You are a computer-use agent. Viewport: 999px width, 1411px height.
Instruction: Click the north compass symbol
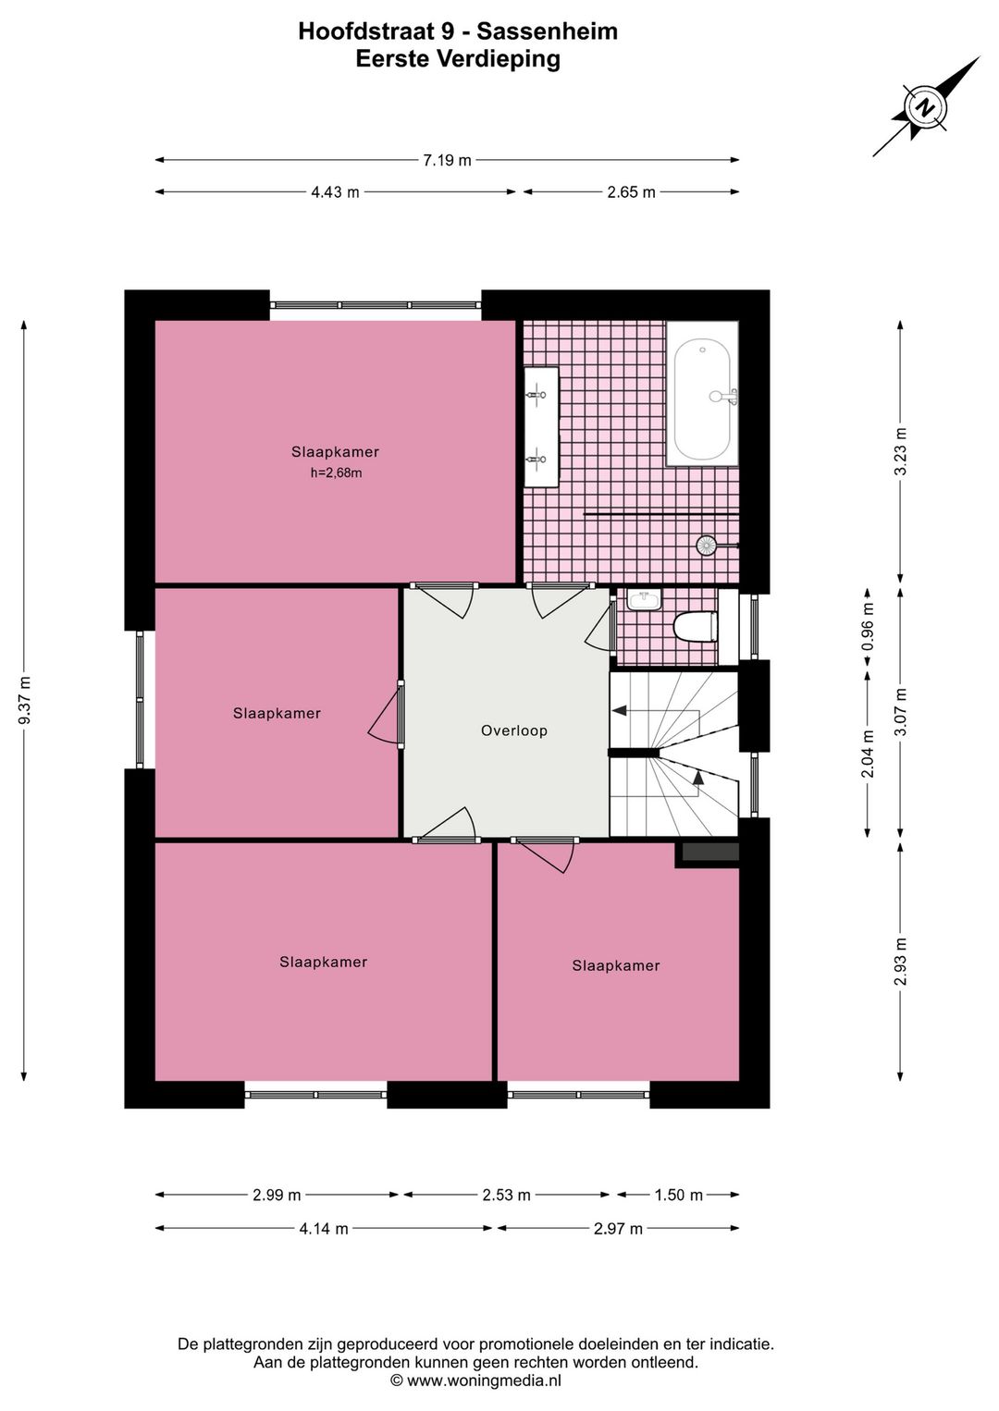click(x=926, y=107)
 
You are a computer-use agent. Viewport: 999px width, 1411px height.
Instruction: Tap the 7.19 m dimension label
click(x=447, y=161)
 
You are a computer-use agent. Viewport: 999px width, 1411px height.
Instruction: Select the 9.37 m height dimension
click(x=25, y=701)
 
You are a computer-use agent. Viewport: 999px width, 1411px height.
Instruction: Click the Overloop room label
click(x=513, y=730)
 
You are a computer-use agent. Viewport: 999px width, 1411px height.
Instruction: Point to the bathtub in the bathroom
click(x=702, y=394)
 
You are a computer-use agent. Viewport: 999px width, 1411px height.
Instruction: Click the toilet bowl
click(x=696, y=628)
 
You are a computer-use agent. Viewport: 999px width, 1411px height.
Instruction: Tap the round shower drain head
click(x=706, y=546)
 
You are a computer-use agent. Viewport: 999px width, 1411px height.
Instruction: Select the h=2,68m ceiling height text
click(x=336, y=473)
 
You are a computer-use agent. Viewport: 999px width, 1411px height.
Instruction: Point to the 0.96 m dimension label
click(x=869, y=626)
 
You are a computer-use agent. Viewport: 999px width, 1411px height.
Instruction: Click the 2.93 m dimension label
click(x=901, y=962)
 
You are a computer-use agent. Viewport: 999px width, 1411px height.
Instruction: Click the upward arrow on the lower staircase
click(x=698, y=778)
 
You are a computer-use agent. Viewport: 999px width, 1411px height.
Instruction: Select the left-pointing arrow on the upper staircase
click(x=620, y=710)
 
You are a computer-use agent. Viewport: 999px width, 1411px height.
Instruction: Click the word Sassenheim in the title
click(x=547, y=31)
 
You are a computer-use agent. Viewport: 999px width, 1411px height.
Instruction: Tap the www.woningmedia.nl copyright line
click(x=475, y=1380)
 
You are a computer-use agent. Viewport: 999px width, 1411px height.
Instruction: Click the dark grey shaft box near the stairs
click(x=708, y=853)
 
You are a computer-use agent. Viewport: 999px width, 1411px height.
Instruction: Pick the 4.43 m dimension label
click(x=335, y=192)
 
